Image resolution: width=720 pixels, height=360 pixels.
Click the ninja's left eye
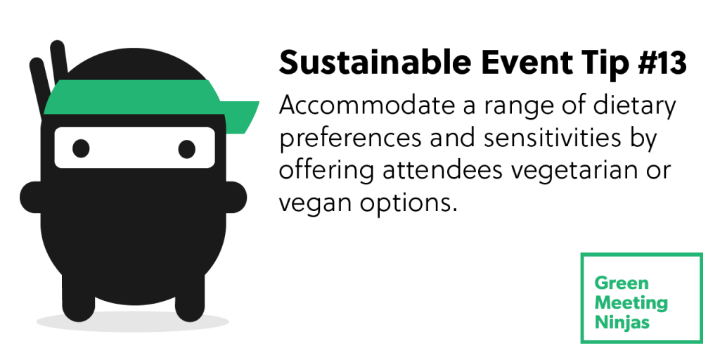(81, 148)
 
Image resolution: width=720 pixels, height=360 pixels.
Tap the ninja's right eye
(187, 149)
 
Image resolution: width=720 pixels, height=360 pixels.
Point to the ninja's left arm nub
(31, 197)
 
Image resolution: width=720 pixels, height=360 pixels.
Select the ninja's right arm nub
(236, 197)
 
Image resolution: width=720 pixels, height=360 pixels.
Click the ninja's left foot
(79, 298)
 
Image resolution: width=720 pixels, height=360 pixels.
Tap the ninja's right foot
(190, 298)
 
